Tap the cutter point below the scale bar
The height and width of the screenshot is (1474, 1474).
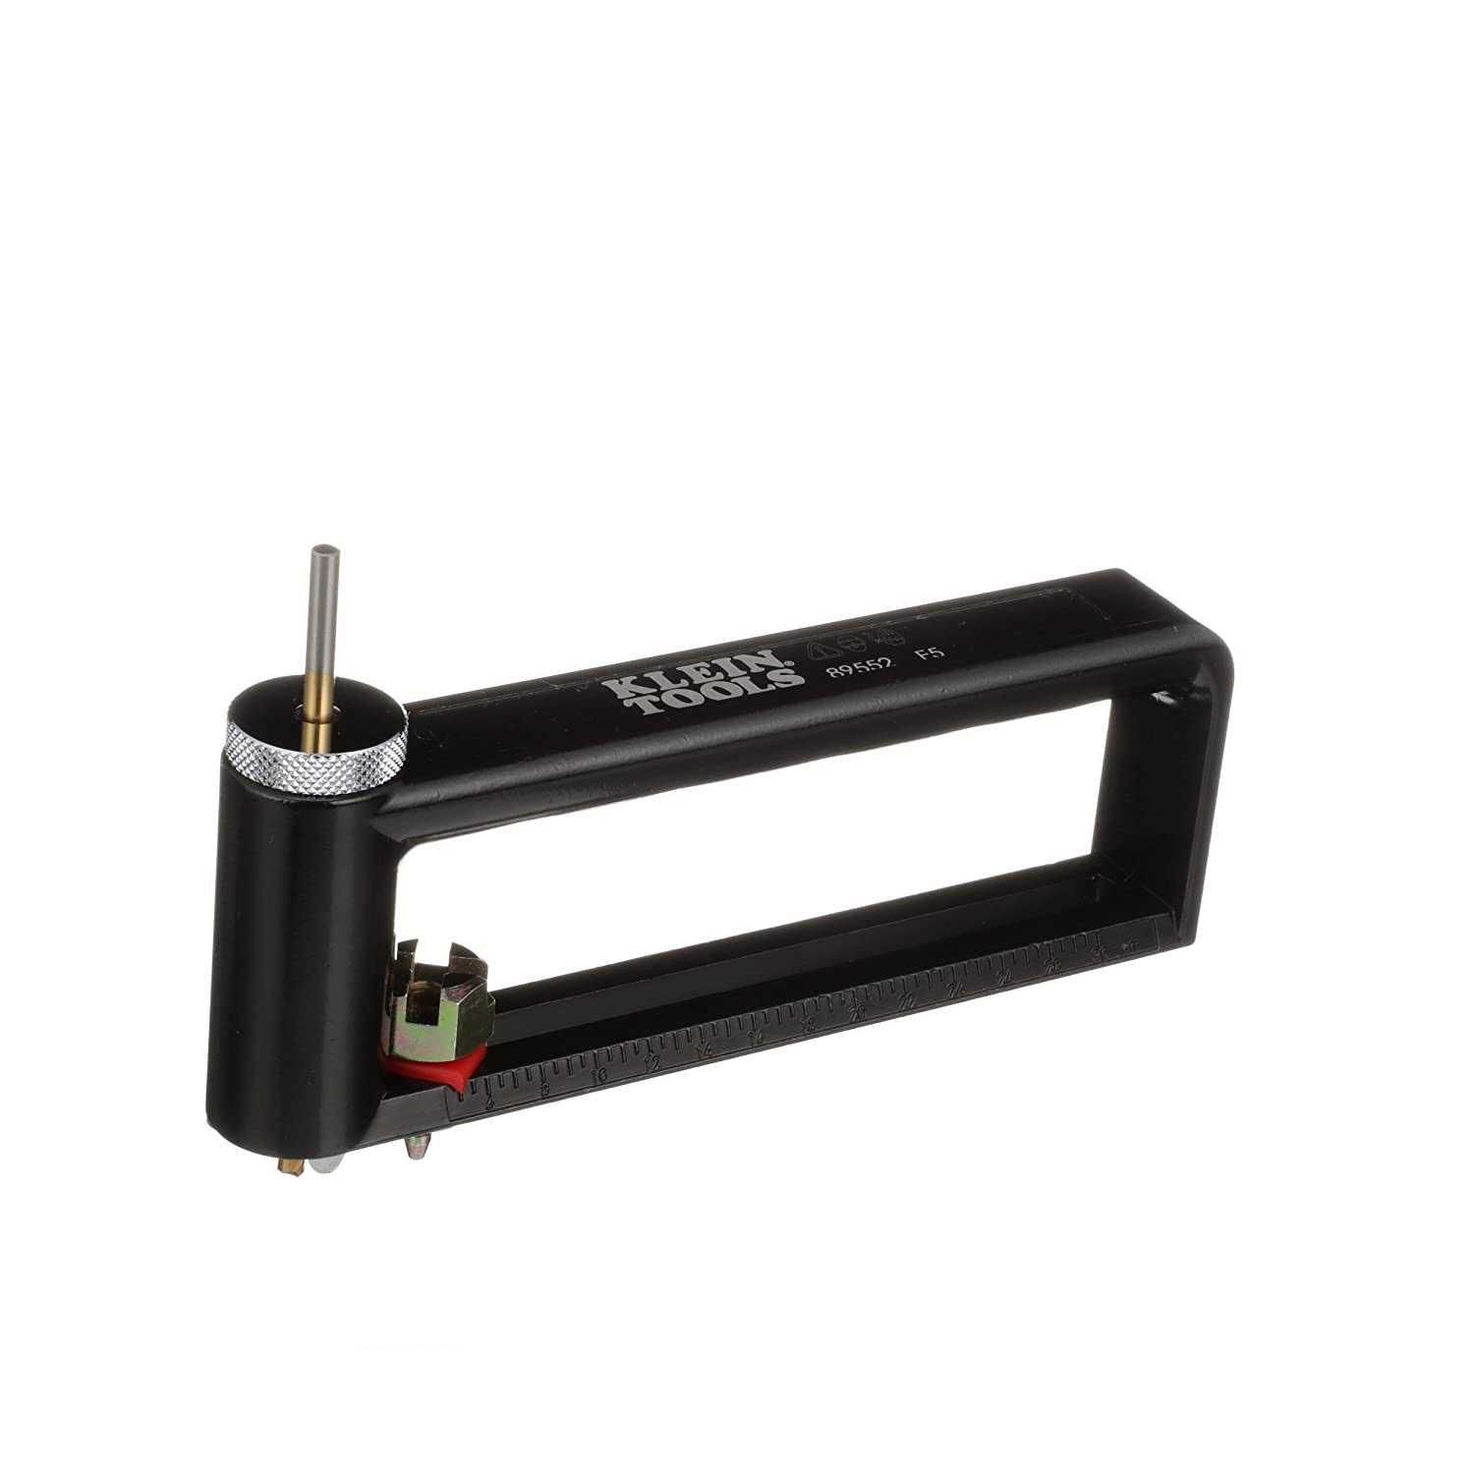click(x=420, y=1145)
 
